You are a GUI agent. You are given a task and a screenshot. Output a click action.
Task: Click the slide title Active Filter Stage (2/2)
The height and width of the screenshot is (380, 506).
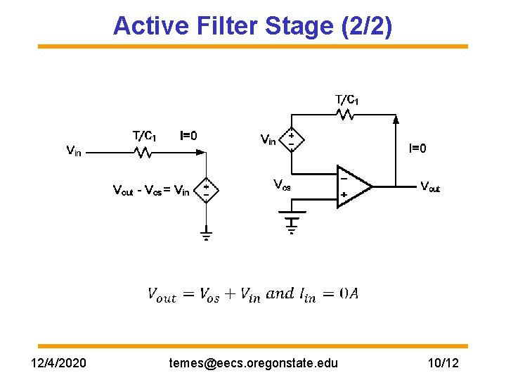[253, 25]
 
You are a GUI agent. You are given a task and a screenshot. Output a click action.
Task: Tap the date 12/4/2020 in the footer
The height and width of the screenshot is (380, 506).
[60, 363]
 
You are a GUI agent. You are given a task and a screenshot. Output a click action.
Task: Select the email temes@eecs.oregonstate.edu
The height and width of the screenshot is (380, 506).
[253, 363]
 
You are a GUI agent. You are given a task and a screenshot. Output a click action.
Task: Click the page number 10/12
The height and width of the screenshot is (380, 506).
[443, 363]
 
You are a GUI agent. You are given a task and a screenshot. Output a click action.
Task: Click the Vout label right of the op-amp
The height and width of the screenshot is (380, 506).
[429, 186]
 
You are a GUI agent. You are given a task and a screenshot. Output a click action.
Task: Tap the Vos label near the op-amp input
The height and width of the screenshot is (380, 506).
[282, 185]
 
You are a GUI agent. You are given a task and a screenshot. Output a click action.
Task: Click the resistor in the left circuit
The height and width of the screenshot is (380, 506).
[144, 151]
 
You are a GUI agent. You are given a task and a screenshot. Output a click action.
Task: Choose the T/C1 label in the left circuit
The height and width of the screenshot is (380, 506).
[145, 136]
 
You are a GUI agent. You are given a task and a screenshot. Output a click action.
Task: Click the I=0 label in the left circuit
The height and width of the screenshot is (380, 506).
[188, 136]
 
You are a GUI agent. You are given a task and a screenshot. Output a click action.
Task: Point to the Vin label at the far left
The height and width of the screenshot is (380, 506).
[73, 150]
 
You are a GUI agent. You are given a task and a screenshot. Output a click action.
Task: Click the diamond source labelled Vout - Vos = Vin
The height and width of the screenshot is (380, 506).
[206, 189]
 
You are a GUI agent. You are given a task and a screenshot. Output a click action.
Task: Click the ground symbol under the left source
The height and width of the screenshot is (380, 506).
[206, 234]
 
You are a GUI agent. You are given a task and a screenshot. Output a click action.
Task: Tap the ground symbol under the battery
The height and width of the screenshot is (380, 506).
[290, 226]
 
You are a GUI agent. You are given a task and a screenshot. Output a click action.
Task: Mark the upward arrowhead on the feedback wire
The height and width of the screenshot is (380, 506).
[396, 122]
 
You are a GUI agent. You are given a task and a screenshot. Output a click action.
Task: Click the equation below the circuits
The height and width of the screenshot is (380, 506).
[253, 294]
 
